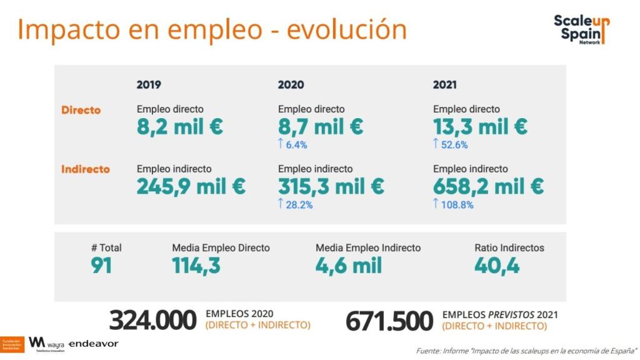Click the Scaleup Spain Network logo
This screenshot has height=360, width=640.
click(x=581, y=29)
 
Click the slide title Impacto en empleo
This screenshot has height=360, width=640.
click(x=212, y=30)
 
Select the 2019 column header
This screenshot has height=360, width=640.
click(x=149, y=85)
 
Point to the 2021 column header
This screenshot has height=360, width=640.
click(x=444, y=85)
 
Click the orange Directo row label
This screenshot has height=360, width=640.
click(x=81, y=110)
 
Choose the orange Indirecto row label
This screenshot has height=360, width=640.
click(x=85, y=169)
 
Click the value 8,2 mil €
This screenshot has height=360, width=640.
click(x=180, y=127)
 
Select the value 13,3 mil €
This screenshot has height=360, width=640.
click(x=480, y=127)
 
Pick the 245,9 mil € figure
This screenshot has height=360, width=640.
click(x=191, y=186)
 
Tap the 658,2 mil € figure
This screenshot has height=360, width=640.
click(x=488, y=186)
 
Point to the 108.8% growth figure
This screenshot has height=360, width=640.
click(x=453, y=204)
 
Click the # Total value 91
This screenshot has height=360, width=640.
click(x=101, y=266)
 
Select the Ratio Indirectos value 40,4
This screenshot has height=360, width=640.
click(x=497, y=266)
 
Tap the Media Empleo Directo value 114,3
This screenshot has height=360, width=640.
click(x=196, y=266)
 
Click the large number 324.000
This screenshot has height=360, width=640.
click(x=152, y=321)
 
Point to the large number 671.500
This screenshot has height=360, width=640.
click(x=389, y=321)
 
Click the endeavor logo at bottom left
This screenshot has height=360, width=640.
click(x=93, y=344)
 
